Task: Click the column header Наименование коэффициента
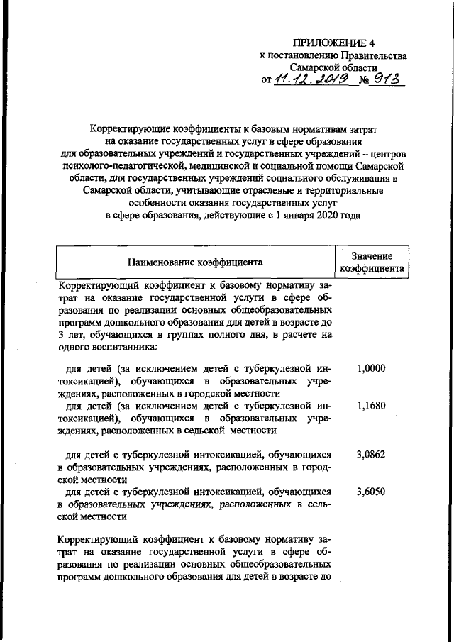point(194,262)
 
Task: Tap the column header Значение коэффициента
point(372,262)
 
